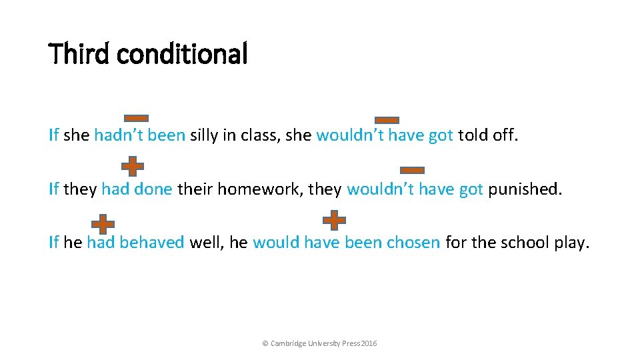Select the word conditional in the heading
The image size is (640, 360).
click(x=182, y=54)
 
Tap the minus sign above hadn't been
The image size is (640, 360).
click(x=136, y=118)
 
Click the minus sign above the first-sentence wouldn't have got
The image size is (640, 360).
click(x=387, y=120)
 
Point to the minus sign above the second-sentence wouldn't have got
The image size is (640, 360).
click(x=412, y=170)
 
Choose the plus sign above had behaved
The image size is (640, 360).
click(x=103, y=225)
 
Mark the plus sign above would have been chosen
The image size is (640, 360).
click(x=334, y=219)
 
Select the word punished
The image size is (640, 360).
click(x=525, y=189)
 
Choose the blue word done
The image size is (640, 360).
click(x=153, y=189)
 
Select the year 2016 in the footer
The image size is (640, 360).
click(x=369, y=343)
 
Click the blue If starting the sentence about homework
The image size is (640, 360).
click(x=54, y=189)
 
